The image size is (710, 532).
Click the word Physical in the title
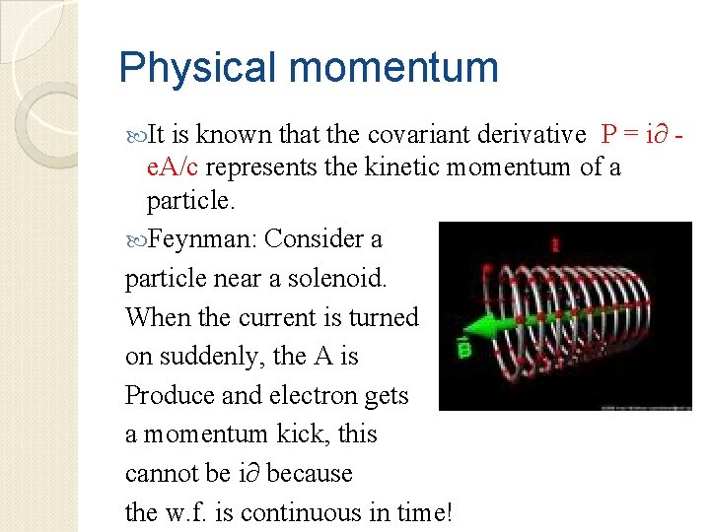196,69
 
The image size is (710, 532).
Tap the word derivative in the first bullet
532,135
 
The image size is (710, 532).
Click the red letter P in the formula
609,135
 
